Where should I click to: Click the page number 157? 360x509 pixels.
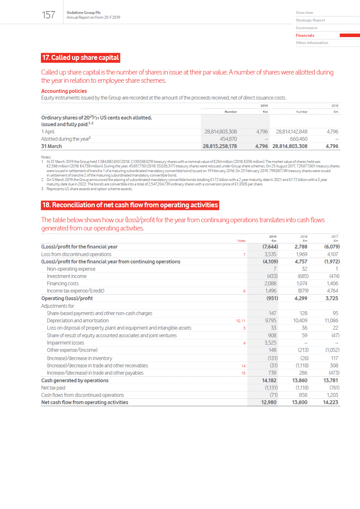49,15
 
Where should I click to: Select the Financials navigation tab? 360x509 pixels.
305,35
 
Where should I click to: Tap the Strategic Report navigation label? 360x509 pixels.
310,20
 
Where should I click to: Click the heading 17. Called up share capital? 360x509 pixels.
80,57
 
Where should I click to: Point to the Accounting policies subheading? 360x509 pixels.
64,91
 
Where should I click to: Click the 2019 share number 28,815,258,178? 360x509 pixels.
220,146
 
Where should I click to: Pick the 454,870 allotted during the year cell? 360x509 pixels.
228,139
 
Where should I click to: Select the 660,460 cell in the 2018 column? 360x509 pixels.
299,139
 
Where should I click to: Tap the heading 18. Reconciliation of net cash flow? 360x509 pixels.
130,205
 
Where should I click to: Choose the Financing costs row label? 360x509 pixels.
62,283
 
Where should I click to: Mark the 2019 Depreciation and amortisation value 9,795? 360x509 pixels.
270,321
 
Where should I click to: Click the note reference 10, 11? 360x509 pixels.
240,321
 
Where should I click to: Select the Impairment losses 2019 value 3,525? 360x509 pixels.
270,343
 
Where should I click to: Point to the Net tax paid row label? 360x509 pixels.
53,388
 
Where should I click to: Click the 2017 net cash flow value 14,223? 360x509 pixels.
330,402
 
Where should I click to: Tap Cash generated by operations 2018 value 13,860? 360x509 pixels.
300,381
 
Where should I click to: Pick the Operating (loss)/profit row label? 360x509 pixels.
67,298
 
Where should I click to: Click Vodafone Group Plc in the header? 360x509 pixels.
84,12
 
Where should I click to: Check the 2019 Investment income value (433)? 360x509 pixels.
272,276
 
